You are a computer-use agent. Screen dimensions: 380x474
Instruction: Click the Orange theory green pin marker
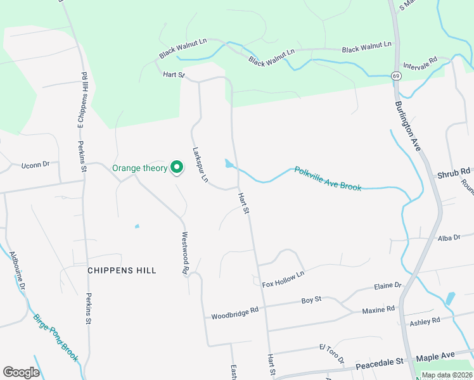[177, 167]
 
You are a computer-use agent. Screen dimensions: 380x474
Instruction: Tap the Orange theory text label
[139, 168]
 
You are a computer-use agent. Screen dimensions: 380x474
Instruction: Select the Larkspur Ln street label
[200, 165]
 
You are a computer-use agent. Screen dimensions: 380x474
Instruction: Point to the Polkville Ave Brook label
[328, 179]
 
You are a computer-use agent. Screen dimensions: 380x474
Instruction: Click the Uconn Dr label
[35, 165]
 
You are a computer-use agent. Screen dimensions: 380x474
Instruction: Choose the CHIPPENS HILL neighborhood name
[122, 270]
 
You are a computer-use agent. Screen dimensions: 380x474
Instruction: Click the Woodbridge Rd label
[235, 312]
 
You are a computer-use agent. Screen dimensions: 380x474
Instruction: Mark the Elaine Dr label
[388, 286]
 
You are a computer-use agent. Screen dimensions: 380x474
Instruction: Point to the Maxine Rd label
[378, 310]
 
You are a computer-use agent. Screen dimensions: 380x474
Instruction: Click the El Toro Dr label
[331, 355]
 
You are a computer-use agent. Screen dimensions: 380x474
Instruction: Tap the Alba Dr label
[449, 238]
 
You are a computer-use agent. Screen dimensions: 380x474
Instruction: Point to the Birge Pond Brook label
[56, 338]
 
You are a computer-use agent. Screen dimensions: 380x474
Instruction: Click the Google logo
[22, 372]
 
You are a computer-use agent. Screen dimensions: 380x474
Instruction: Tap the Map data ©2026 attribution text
[446, 375]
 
